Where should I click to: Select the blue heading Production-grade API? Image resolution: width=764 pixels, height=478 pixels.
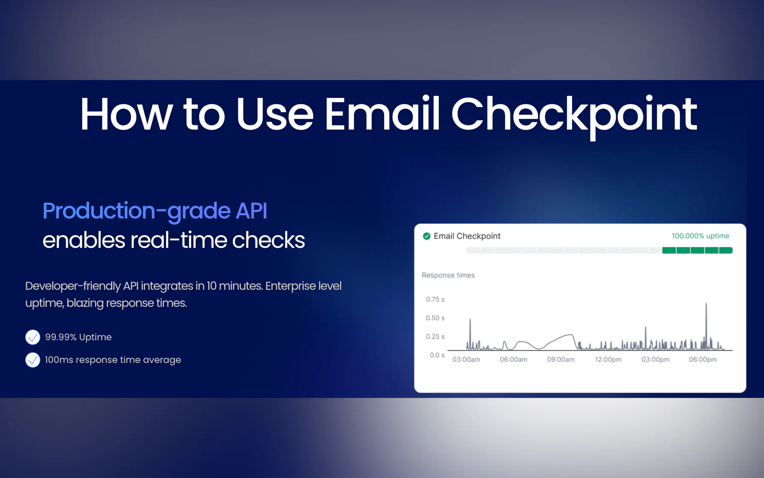click(x=155, y=211)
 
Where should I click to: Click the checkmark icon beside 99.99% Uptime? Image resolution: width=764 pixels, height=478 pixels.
click(x=33, y=337)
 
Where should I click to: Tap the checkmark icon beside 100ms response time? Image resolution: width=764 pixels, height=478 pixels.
click(x=33, y=360)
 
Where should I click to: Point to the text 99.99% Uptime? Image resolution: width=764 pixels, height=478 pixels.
click(x=78, y=337)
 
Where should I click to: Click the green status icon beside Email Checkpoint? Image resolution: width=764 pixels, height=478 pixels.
click(x=427, y=236)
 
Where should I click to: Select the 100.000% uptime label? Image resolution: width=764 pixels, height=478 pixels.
click(x=700, y=236)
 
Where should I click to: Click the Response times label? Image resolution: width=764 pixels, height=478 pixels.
click(x=448, y=275)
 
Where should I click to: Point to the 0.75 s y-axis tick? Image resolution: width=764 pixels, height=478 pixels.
click(x=435, y=299)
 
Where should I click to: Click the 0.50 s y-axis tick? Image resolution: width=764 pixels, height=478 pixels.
click(x=435, y=318)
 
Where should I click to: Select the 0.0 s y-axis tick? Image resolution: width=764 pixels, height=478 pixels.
click(x=437, y=355)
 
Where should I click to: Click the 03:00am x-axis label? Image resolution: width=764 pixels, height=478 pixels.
click(x=466, y=359)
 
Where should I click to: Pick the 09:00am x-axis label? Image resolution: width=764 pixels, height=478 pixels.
click(x=561, y=359)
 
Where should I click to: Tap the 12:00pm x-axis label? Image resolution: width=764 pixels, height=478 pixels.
click(x=608, y=359)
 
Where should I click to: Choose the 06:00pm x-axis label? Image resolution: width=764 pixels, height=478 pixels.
click(x=703, y=359)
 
